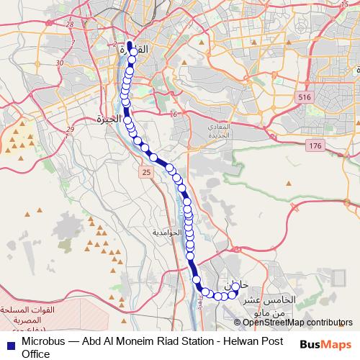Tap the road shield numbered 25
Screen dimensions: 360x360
[x=146, y=173]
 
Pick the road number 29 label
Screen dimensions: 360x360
[x=69, y=130]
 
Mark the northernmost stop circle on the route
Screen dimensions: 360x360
[x=133, y=52]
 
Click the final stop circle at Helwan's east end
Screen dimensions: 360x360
[x=235, y=287]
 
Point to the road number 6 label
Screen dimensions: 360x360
[x=174, y=114]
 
